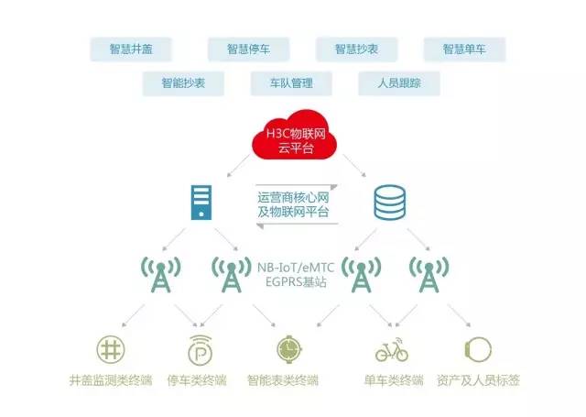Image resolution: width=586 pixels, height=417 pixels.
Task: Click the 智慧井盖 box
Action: pyautogui.click(x=131, y=49)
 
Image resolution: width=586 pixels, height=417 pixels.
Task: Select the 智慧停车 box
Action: pyautogui.click(x=248, y=49)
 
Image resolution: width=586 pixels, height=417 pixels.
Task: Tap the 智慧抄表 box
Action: pyautogui.click(x=356, y=49)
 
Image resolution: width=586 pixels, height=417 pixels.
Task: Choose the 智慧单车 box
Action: pyautogui.click(x=464, y=49)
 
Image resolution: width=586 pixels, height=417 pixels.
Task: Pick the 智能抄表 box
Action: pyautogui.click(x=183, y=83)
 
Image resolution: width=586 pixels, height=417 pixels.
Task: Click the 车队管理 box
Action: pyautogui.click(x=291, y=83)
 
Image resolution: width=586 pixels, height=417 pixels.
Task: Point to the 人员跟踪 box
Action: pyautogui.click(x=399, y=83)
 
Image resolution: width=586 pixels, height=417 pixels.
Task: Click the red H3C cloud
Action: pyautogui.click(x=295, y=135)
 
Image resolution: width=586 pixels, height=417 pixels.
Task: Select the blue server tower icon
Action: pyautogui.click(x=201, y=203)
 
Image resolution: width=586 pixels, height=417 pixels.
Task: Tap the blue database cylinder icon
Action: pyautogui.click(x=390, y=203)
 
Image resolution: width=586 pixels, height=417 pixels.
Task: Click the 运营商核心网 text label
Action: pyautogui.click(x=293, y=197)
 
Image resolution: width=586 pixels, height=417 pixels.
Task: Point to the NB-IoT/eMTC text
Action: pyautogui.click(x=296, y=268)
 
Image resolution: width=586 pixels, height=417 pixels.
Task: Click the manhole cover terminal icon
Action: pyautogui.click(x=111, y=350)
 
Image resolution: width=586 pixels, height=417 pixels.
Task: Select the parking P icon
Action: pyautogui.click(x=200, y=350)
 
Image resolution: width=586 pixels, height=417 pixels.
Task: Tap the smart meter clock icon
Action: pyautogui.click(x=289, y=350)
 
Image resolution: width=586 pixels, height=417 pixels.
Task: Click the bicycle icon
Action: pyautogui.click(x=392, y=350)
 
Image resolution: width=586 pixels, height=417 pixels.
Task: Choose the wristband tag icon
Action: pyautogui.click(x=478, y=350)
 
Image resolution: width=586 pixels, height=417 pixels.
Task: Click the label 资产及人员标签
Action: pyautogui.click(x=478, y=380)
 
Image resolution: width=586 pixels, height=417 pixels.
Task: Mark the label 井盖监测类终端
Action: pyautogui.click(x=111, y=380)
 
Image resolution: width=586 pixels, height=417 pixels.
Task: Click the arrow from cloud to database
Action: pyautogui.click(x=354, y=165)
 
